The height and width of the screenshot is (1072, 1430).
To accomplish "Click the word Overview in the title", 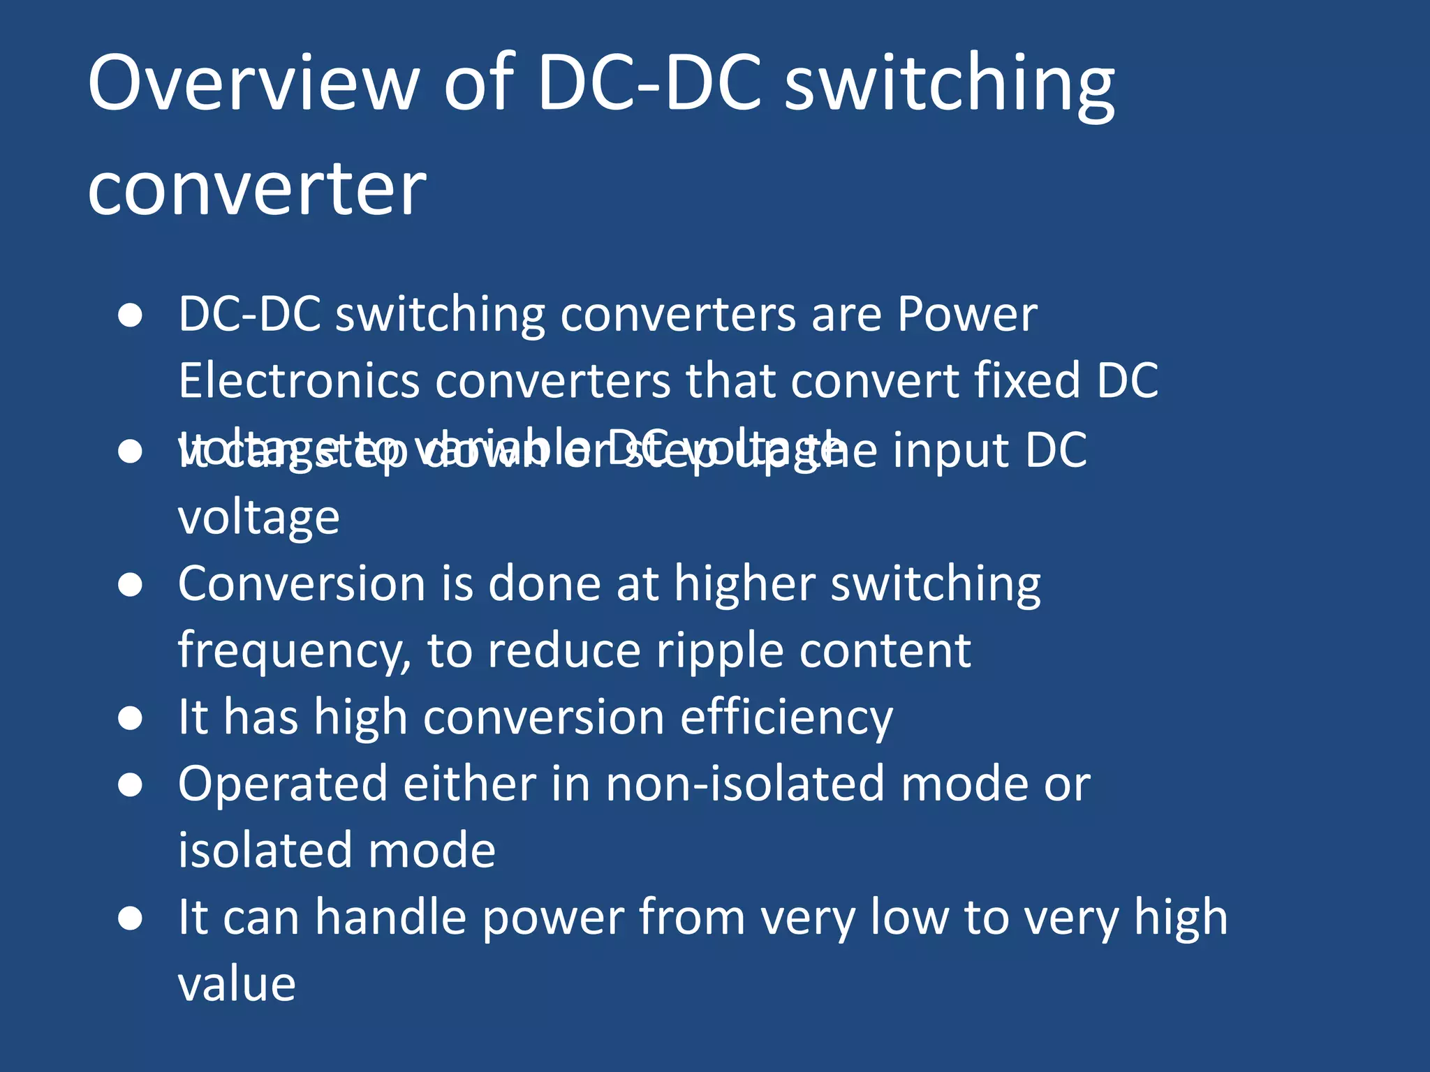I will tap(253, 84).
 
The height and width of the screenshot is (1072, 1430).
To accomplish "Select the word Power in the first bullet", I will tap(967, 315).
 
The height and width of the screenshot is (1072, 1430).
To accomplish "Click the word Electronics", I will tap(298, 381).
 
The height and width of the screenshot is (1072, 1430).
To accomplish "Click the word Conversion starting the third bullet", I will tap(302, 583).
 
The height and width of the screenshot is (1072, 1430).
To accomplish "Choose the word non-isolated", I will tap(745, 784).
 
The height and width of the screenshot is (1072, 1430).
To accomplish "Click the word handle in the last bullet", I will tap(390, 917).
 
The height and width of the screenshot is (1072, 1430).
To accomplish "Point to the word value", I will tap(237, 984).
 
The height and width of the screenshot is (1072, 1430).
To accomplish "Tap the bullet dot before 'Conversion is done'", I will tap(131, 585).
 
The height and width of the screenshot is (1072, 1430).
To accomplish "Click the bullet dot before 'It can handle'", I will tap(131, 918).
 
